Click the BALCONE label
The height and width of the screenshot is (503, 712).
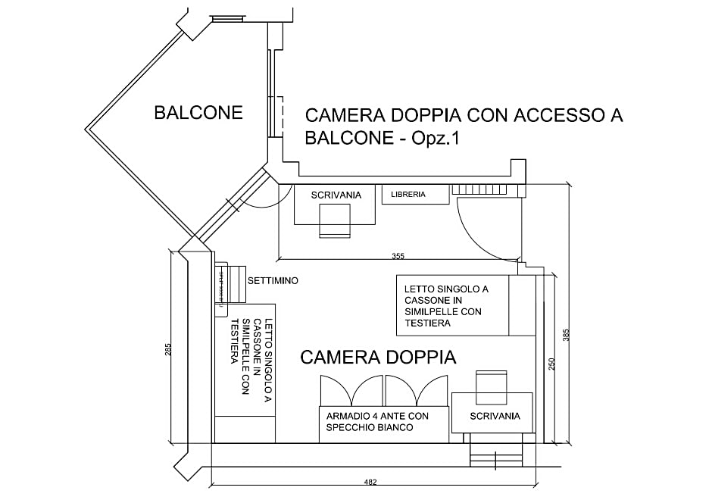[x=198, y=113]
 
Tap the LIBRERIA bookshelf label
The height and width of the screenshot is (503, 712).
[x=408, y=195]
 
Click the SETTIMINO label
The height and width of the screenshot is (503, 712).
[x=273, y=281]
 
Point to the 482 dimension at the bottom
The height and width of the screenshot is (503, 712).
[x=370, y=482]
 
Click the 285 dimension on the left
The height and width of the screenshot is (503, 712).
[x=168, y=350]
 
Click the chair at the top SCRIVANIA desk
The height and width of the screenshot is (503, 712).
[x=335, y=221]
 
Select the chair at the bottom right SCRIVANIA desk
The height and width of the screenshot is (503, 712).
[x=491, y=387]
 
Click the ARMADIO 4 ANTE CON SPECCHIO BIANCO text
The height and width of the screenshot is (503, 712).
[x=377, y=422]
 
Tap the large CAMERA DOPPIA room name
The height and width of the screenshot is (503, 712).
[x=378, y=358]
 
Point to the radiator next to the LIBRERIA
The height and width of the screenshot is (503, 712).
[x=489, y=189]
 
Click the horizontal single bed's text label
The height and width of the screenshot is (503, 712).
[x=445, y=306]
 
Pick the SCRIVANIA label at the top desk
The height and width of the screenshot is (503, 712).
[x=336, y=195]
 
